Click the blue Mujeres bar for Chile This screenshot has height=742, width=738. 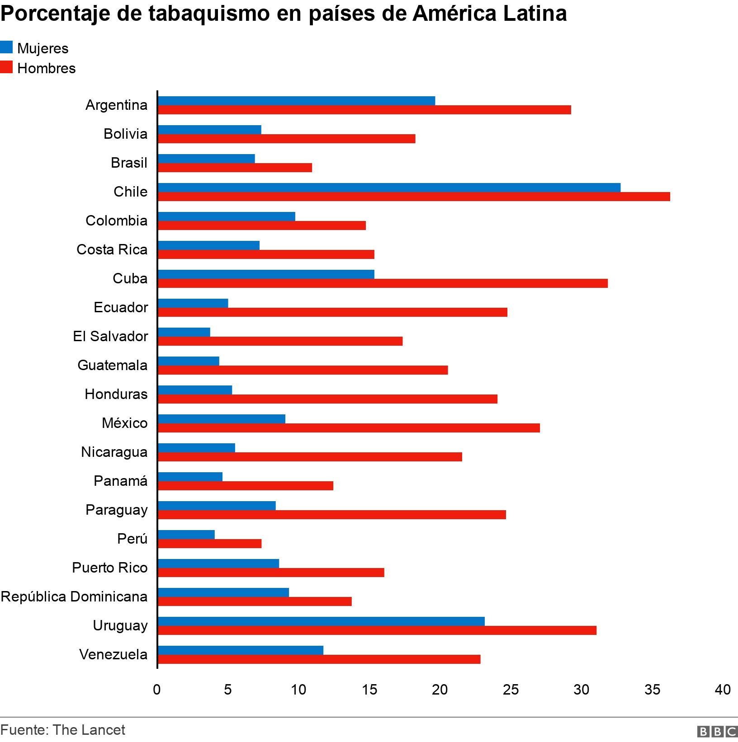point(389,188)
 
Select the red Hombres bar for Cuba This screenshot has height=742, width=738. point(383,283)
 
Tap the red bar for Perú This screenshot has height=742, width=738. point(210,544)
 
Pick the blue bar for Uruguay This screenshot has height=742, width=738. point(321,621)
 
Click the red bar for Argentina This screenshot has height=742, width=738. point(364,110)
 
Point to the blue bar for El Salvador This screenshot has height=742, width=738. point(184,332)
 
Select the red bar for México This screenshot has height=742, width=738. point(349,428)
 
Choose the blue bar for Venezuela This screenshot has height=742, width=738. point(241,650)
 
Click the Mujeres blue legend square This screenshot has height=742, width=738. point(6,47)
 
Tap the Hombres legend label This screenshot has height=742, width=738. point(46,68)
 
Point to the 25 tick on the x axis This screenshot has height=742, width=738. point(511,690)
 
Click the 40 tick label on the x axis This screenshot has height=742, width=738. point(722,690)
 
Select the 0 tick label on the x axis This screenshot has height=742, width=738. point(157,690)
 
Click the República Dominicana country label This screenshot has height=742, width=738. point(74,596)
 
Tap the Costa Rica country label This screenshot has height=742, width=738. point(112,249)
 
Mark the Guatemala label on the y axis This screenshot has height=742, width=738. point(112,365)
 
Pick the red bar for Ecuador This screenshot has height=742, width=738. point(332,312)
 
